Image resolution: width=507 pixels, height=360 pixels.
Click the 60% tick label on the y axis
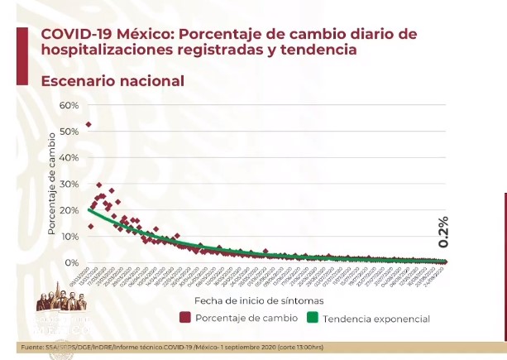pos(69,105)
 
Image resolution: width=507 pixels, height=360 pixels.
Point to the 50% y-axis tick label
pos(69,132)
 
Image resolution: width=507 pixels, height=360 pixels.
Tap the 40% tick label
pos(69,157)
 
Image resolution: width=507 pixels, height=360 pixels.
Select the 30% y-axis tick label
pos(69,184)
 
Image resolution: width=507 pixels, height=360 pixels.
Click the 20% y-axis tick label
pos(69,210)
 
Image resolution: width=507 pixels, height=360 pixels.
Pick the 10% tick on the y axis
pos(69,237)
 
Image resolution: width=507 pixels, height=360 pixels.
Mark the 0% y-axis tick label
pos(71,262)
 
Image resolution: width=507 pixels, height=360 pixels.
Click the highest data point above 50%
pos(88,125)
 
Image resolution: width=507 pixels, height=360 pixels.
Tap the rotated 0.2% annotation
pos(442,233)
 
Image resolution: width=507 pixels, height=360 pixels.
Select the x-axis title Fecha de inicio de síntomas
pos(259,300)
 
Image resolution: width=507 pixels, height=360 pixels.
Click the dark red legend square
pos(184,318)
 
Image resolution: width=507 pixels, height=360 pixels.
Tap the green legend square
pos(313,318)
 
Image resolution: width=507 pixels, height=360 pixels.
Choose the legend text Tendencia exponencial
pos(377,318)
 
